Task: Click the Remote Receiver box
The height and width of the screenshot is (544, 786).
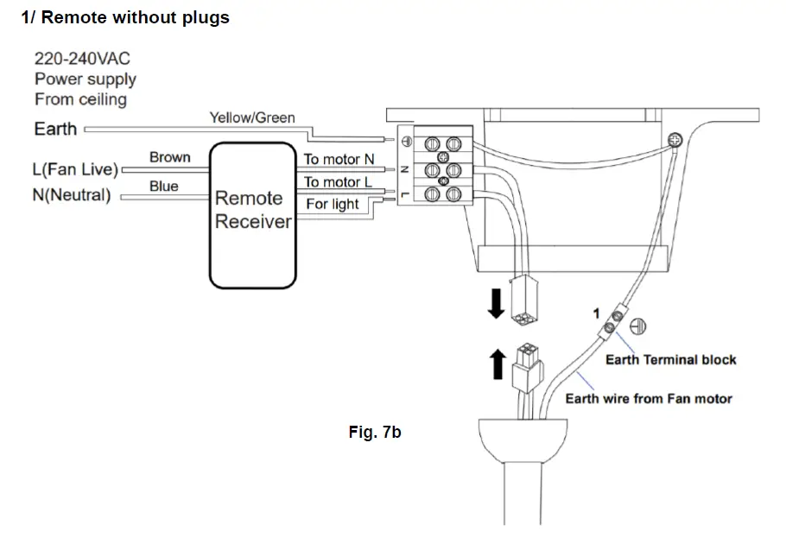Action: pos(252,215)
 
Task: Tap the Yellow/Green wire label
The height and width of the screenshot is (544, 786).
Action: pos(252,117)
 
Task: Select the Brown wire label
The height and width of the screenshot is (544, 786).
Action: pos(170,157)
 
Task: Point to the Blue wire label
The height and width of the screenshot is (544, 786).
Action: pos(164,187)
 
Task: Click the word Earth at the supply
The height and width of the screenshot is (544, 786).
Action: pos(55,130)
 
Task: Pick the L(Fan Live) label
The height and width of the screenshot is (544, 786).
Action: pos(75,169)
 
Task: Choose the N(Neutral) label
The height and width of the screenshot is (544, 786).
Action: pos(72,195)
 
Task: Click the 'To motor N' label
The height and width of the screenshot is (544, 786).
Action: pos(339,159)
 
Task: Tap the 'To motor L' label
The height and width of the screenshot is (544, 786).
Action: pos(338,182)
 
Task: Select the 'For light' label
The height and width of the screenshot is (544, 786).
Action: pos(333,204)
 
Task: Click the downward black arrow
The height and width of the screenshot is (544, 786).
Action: pos(497,304)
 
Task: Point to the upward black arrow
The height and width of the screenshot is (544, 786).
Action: pos(498,364)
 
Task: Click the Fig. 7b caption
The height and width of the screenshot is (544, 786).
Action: pos(375,432)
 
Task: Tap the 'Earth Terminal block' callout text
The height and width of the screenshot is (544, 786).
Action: pos(671,360)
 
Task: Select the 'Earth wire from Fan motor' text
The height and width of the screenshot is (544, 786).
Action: pos(649,399)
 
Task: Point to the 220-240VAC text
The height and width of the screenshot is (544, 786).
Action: pos(82,59)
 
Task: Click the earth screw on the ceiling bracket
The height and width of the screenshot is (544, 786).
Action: pos(675,140)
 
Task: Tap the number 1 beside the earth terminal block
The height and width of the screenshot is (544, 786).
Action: pos(596,313)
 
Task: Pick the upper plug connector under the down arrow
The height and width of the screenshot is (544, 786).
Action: pos(523,300)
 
